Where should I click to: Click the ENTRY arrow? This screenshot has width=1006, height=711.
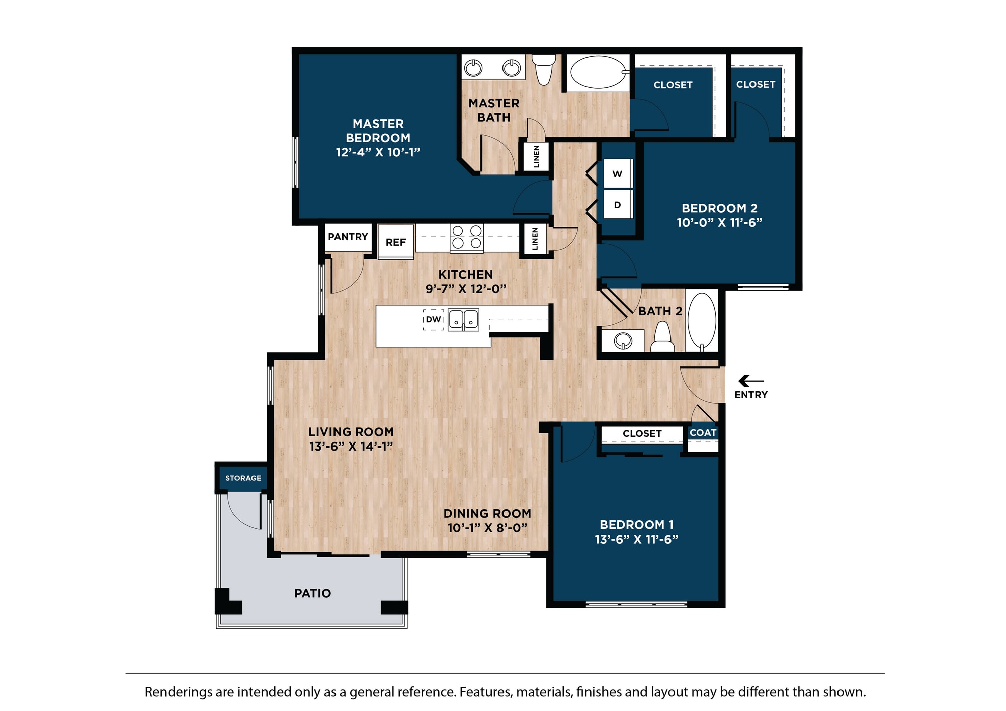tap(751, 381)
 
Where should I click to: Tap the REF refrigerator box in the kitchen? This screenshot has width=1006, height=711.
tap(396, 242)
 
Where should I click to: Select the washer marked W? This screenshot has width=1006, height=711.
tap(618, 173)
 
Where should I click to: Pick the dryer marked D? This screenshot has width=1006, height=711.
tap(618, 204)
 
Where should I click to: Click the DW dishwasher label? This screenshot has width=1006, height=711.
tap(433, 319)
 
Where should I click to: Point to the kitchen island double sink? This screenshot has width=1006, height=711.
tap(463, 319)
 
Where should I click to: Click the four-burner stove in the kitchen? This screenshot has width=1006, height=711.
tap(467, 237)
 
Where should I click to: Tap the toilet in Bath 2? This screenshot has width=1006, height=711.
tap(662, 337)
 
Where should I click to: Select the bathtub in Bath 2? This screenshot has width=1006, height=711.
tap(702, 321)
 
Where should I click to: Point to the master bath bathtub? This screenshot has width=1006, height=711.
tap(599, 72)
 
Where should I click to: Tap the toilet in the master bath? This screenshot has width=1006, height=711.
tap(544, 69)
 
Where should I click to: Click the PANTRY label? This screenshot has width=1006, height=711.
tap(348, 236)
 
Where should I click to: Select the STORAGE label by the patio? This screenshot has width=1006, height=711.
tap(243, 478)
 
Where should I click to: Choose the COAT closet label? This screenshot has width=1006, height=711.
tap(703, 432)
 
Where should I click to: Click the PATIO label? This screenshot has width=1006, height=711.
tap(313, 593)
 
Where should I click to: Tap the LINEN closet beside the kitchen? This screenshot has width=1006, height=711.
tap(535, 239)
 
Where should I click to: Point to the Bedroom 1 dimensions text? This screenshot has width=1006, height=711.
tap(636, 539)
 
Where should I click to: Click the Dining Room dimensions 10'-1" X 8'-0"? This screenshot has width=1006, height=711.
tap(487, 528)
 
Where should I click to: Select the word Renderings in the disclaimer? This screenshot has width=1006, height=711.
tap(175, 692)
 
